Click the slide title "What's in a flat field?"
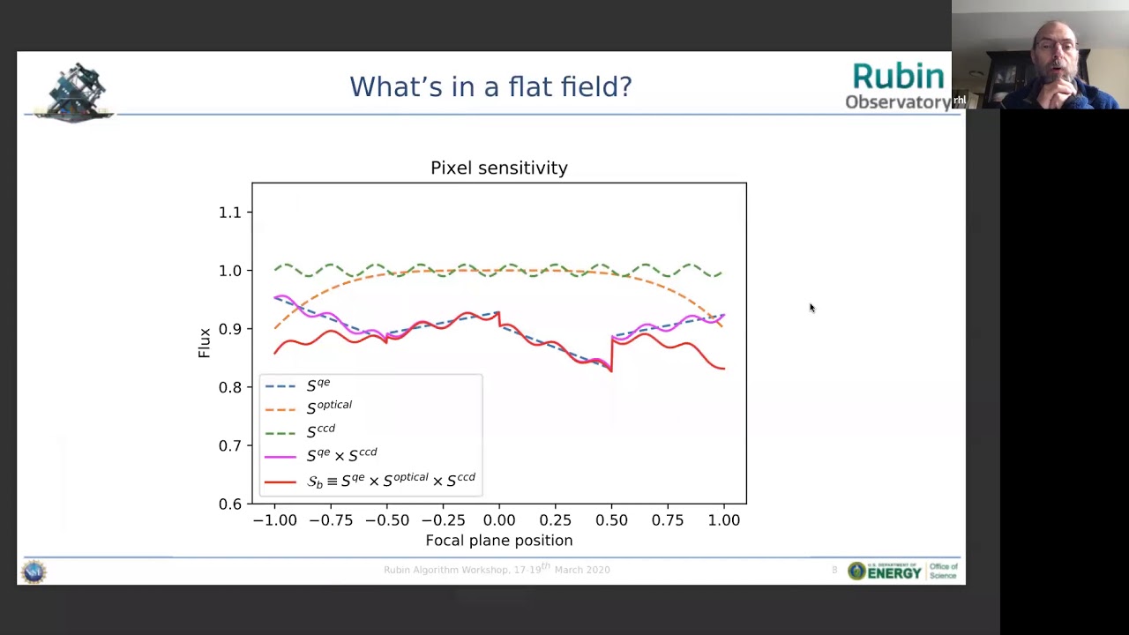coord(490,86)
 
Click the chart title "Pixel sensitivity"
coord(498,168)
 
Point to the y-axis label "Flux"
coord(205,343)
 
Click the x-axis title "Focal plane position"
coord(498,541)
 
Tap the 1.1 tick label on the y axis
coord(229,213)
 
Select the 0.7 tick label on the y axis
coord(229,445)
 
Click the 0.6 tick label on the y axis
coord(229,504)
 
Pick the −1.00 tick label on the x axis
coord(274,520)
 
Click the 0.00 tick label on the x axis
coord(498,520)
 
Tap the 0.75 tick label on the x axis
coord(667,520)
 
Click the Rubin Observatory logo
coord(898,86)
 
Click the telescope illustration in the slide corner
coord(76,91)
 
